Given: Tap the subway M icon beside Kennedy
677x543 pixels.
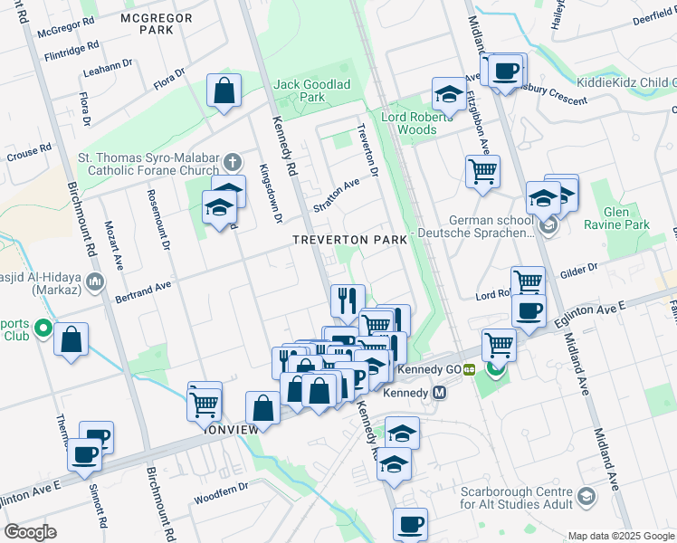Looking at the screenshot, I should point(440,393).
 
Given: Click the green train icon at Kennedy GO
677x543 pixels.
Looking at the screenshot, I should point(470,369).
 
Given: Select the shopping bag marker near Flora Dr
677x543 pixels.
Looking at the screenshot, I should point(224,91).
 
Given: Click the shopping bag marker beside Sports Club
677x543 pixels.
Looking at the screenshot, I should point(71,340).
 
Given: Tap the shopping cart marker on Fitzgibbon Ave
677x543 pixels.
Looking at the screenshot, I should point(482,170).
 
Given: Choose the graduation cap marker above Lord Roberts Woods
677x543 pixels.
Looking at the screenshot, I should point(448,93).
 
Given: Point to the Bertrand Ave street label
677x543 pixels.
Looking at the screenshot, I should point(143,286).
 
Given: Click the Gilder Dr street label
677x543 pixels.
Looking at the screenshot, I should point(578,269).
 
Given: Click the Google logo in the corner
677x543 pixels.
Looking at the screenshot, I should point(30,532).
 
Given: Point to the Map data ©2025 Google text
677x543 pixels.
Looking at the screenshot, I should point(620,536).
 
